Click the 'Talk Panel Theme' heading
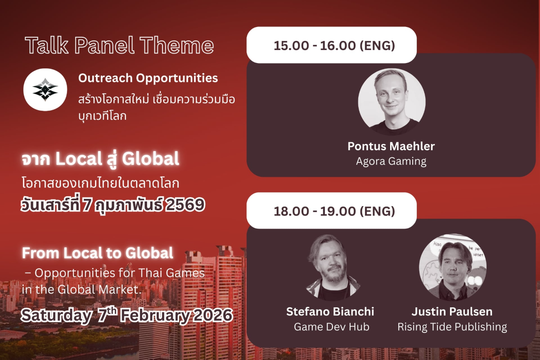[x=120, y=45]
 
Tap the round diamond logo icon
[x=45, y=90]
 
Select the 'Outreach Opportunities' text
[x=148, y=78]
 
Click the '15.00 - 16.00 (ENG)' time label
[x=334, y=45]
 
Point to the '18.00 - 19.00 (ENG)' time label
[x=334, y=211]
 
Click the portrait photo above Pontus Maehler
[x=391, y=102]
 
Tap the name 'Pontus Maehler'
[x=391, y=146]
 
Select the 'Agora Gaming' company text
[x=391, y=161]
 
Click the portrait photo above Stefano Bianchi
[x=333, y=267]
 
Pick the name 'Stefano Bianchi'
[x=330, y=311]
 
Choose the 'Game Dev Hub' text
[x=332, y=327]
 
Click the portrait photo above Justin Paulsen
[x=453, y=267]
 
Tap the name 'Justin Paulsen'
[x=452, y=311]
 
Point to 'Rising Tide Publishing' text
[x=452, y=327]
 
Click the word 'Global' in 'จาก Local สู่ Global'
[x=150, y=159]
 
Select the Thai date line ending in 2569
[x=113, y=204]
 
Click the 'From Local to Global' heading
[x=97, y=253]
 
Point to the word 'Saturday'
[x=56, y=315]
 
